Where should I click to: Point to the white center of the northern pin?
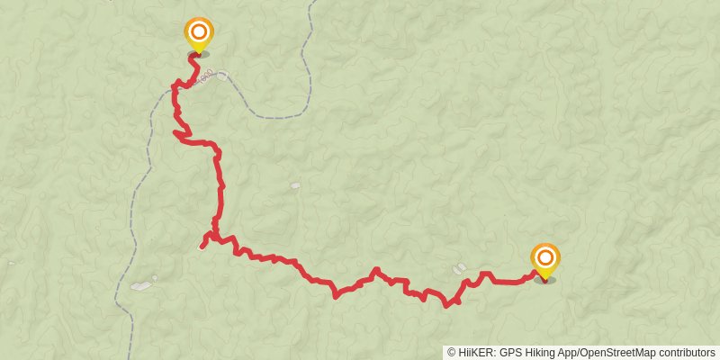point(199,31)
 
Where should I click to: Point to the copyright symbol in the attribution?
point(450,352)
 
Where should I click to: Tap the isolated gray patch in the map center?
point(295,185)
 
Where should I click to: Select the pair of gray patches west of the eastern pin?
point(459,267)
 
